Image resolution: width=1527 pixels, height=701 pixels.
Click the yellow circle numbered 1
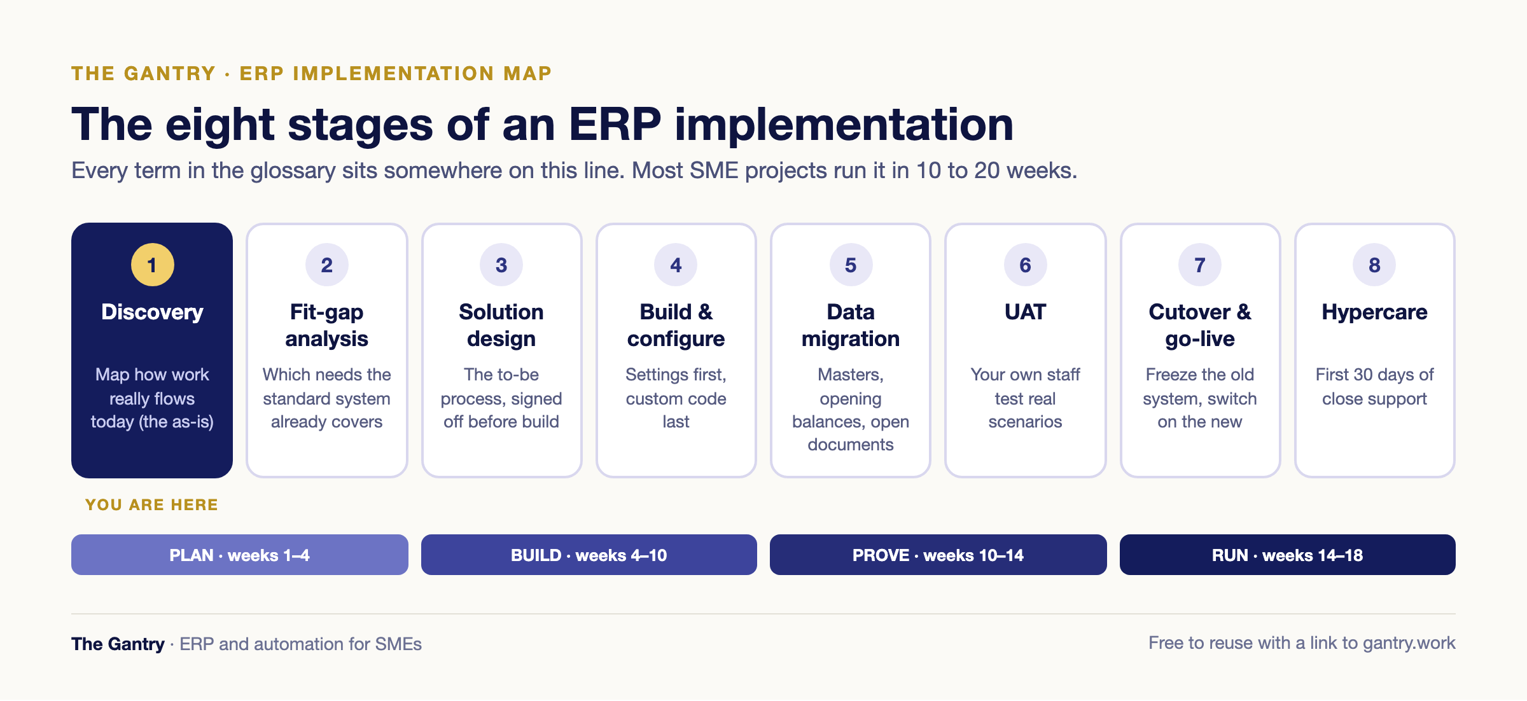click(x=152, y=265)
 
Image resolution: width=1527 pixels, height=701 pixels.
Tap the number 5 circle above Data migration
click(x=851, y=265)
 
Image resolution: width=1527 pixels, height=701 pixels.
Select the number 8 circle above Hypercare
click(x=1374, y=265)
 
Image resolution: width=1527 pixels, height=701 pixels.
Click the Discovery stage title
click(x=152, y=312)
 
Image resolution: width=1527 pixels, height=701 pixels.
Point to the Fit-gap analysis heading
click(x=326, y=325)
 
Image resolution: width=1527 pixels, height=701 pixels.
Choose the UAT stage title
click(x=1025, y=312)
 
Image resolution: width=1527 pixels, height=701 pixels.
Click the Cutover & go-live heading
click(x=1200, y=325)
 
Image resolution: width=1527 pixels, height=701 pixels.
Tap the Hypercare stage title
click(x=1374, y=312)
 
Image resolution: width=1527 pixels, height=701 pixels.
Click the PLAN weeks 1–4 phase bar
click(x=240, y=555)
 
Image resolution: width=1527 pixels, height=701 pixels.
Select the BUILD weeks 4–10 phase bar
click(x=589, y=555)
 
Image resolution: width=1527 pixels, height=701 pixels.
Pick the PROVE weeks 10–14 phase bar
click(x=938, y=555)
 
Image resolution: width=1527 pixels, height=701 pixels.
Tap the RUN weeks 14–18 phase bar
click(x=1288, y=555)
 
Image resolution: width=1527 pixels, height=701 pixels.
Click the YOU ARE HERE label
click(x=152, y=504)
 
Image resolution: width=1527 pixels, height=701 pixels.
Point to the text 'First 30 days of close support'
click(x=1374, y=386)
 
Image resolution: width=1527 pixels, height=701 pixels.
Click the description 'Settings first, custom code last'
click(x=676, y=398)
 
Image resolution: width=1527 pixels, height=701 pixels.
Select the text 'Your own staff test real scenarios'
click(x=1025, y=398)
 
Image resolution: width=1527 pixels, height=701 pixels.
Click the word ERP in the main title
click(x=615, y=124)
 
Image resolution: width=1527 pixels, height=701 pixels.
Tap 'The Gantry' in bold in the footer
click(x=118, y=644)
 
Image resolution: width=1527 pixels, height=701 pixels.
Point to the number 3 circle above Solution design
click(x=501, y=265)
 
